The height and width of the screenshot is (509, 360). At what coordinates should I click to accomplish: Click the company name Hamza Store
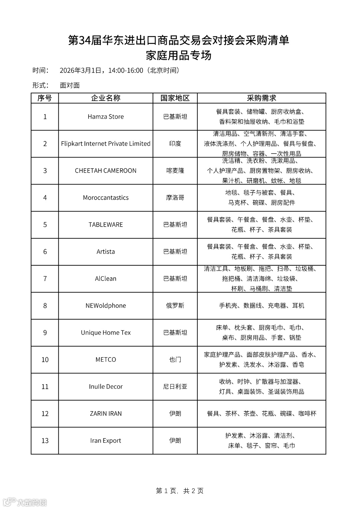(x=106, y=117)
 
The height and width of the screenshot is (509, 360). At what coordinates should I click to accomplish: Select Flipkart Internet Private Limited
(x=106, y=144)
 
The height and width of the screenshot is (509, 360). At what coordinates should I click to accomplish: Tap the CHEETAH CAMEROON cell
(x=106, y=171)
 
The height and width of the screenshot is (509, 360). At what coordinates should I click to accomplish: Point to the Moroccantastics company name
(x=106, y=198)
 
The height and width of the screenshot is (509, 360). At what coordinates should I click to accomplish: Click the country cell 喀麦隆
(x=175, y=171)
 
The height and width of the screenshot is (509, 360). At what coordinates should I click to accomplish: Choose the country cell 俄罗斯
(x=175, y=306)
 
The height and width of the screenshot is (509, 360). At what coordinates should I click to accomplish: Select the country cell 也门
(x=175, y=360)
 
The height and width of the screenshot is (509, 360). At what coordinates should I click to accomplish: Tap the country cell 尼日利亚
(x=175, y=387)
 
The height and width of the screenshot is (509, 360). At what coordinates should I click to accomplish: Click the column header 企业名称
(x=106, y=98)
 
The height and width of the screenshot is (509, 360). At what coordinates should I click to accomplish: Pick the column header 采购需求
(x=261, y=98)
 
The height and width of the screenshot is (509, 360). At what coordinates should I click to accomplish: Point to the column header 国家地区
(x=175, y=98)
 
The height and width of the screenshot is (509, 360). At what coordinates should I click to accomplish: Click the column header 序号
(x=45, y=98)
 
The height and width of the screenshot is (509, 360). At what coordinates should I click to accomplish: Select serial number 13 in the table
(x=45, y=441)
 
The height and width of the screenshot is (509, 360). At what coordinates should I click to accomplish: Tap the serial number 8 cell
(x=45, y=306)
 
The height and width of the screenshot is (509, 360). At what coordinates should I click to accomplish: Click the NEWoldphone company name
(x=106, y=306)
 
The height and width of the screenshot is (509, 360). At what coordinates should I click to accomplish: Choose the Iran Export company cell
(x=106, y=441)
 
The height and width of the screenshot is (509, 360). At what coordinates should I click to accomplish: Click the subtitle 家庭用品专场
(x=179, y=55)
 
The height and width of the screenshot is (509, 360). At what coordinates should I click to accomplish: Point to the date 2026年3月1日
(x=80, y=70)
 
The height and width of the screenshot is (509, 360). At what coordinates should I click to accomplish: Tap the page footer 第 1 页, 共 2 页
(x=180, y=491)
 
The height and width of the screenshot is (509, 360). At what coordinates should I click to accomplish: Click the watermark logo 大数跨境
(x=25, y=502)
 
